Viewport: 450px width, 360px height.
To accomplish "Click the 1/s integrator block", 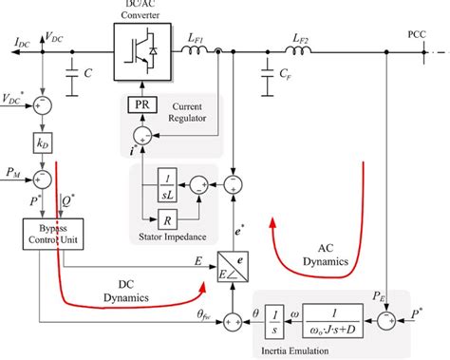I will click(272, 318).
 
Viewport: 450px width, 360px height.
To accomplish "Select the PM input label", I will click(13, 173).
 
